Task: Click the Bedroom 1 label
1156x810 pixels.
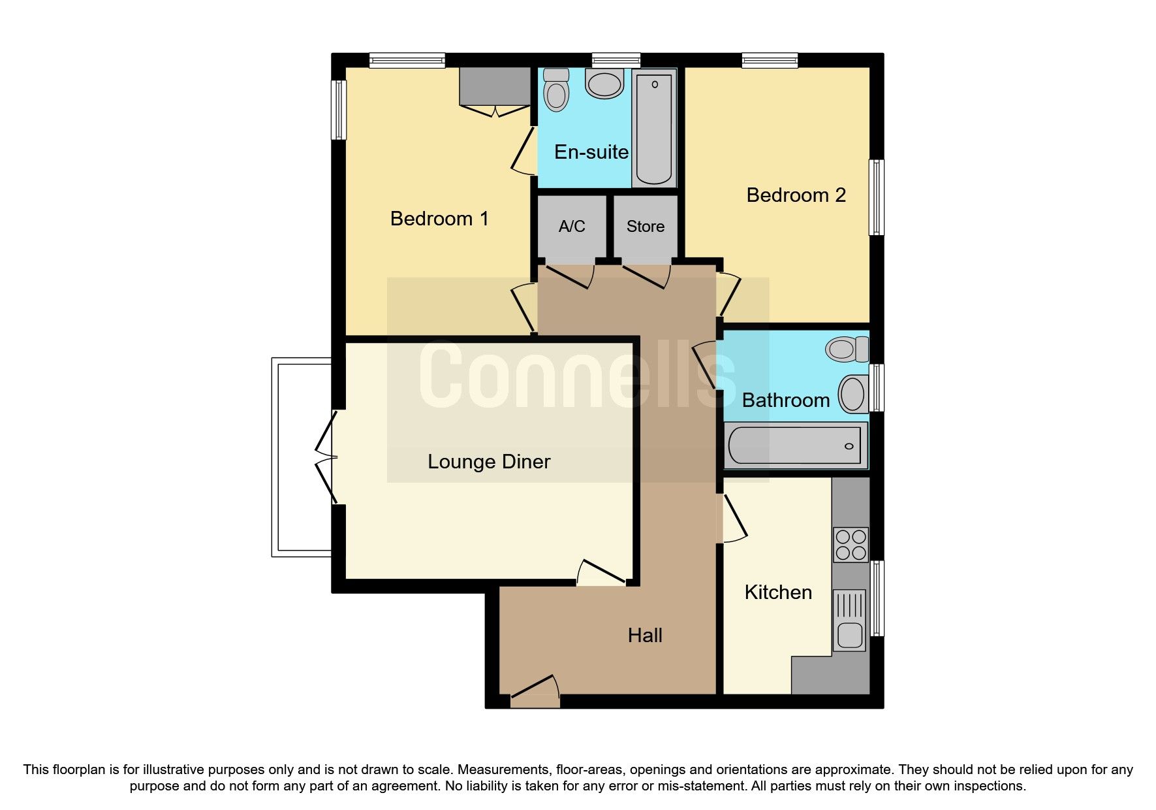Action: [x=439, y=218]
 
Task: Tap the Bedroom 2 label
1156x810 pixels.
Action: [x=796, y=195]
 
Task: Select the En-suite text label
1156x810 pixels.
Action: [x=591, y=152]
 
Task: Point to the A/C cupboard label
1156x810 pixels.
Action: [x=572, y=226]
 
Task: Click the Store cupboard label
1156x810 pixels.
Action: [x=645, y=226]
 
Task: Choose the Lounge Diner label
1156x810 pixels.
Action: [x=489, y=462]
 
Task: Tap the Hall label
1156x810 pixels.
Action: [x=645, y=635]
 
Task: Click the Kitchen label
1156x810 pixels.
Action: [x=778, y=592]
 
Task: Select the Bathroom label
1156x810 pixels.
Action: [x=785, y=400]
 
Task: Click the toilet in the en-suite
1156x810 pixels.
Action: [x=556, y=89]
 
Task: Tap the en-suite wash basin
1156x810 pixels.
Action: [x=604, y=84]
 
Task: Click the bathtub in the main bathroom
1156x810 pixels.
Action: [x=795, y=445]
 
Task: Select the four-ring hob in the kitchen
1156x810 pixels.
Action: [x=851, y=545]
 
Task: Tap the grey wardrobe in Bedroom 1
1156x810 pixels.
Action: [x=495, y=86]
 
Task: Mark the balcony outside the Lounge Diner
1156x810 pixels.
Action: [x=302, y=457]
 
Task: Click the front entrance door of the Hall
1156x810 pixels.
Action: [x=535, y=694]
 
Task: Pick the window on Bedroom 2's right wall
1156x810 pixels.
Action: [x=877, y=197]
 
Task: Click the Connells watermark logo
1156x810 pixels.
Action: [x=578, y=375]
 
